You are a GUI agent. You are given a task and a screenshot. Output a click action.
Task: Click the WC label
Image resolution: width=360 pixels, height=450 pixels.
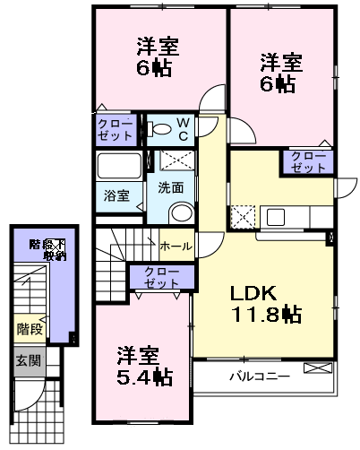182,129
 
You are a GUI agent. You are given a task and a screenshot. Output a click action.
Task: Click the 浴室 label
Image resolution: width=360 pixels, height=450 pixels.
116,195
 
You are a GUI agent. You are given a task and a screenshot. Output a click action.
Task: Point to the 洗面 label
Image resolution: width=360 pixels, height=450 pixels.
171,188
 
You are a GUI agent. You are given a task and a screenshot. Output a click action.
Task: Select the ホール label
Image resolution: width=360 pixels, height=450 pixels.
175,244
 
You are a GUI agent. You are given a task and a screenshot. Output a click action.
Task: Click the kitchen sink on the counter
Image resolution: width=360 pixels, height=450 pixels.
275,216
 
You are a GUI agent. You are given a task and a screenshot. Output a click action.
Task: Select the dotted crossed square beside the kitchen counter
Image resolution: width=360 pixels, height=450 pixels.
242,216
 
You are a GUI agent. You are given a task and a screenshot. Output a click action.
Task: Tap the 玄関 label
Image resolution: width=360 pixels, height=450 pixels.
27,361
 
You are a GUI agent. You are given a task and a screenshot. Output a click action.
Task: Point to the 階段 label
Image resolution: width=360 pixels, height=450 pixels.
30,329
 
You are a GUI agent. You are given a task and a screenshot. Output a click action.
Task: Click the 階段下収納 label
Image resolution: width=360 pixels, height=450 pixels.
47,249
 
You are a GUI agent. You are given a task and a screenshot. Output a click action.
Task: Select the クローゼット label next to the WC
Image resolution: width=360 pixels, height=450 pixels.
116,129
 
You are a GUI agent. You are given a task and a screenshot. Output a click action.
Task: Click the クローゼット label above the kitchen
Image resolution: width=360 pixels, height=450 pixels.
309,161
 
